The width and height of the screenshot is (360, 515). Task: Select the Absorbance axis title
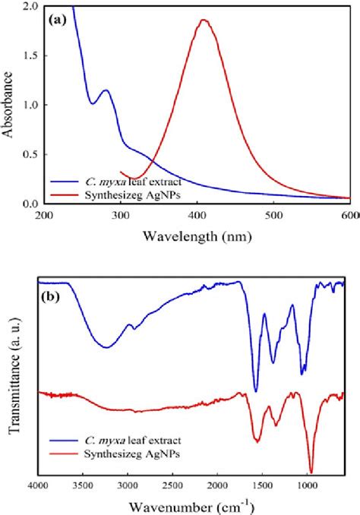pyautogui.click(x=11, y=105)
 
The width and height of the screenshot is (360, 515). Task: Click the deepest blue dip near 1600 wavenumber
pyautogui.click(x=256, y=391)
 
